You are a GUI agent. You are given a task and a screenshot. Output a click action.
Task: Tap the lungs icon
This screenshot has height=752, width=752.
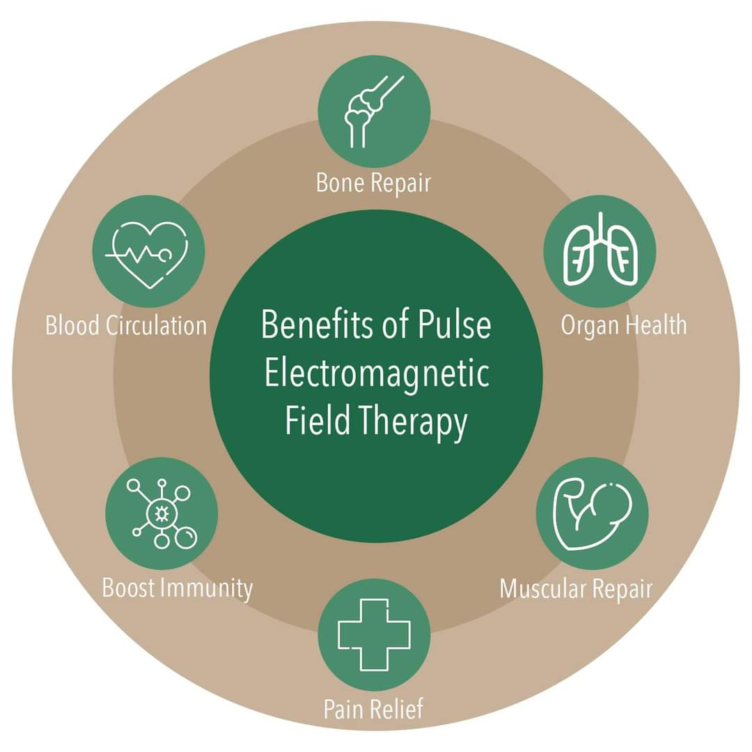click(x=600, y=249)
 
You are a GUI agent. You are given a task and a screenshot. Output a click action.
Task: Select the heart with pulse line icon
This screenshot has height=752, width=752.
click(x=147, y=254)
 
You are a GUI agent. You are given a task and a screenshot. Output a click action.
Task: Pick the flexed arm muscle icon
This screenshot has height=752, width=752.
click(x=593, y=515)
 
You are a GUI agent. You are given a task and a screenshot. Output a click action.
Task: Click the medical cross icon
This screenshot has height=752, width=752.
click(x=374, y=634)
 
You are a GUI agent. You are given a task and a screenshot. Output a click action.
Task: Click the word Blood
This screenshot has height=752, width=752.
click(x=72, y=325)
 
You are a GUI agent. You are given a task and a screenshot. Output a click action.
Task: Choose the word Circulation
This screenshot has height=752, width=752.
click(x=157, y=325)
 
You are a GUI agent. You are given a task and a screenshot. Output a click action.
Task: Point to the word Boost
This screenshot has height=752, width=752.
click(x=129, y=588)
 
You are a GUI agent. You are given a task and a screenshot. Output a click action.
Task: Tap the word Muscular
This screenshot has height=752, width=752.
click(x=543, y=588)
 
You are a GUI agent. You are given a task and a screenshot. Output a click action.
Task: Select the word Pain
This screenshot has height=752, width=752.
click(x=341, y=709)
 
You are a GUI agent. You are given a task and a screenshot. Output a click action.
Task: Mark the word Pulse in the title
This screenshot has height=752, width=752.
click(x=454, y=324)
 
